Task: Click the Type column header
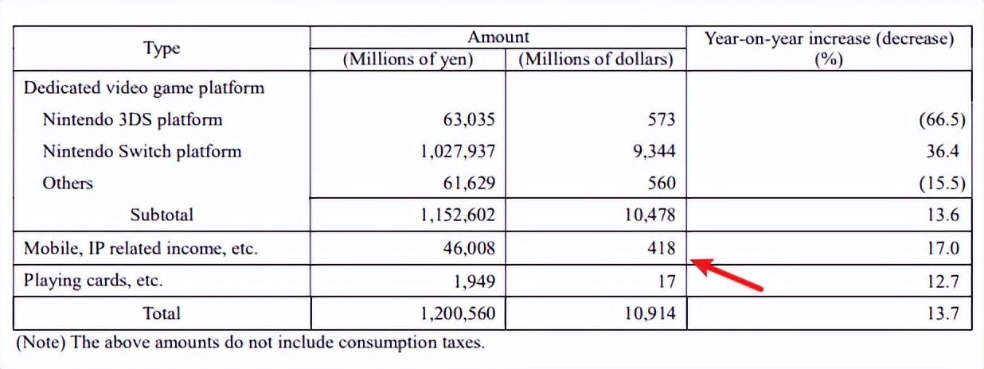click(162, 48)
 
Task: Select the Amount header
click(498, 37)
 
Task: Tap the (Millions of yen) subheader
click(408, 59)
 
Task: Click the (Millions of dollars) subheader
click(595, 59)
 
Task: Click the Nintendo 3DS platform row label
click(132, 119)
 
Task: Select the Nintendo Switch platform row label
click(142, 151)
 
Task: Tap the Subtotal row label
click(162, 214)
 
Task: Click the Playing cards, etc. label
click(94, 280)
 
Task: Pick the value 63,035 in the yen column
click(468, 119)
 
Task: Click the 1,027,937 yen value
click(456, 151)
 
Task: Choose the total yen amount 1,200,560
click(456, 313)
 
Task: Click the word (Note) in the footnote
click(38, 344)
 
